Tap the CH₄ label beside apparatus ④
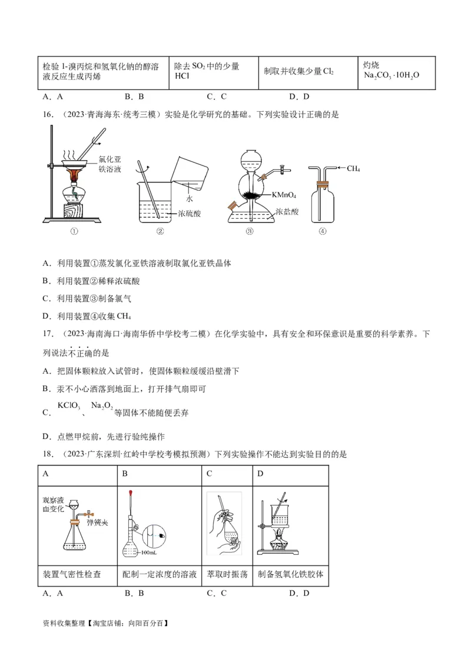[x=353, y=169]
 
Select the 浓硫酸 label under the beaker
[x=189, y=214]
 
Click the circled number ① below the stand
[x=74, y=231]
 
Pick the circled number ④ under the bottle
[x=322, y=231]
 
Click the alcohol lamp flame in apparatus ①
[x=75, y=174]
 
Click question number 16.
[x=49, y=115]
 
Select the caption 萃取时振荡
[x=227, y=574]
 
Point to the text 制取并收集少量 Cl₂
[x=298, y=71]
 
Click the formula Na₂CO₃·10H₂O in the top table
[x=391, y=75]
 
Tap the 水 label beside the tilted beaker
[x=190, y=199]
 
